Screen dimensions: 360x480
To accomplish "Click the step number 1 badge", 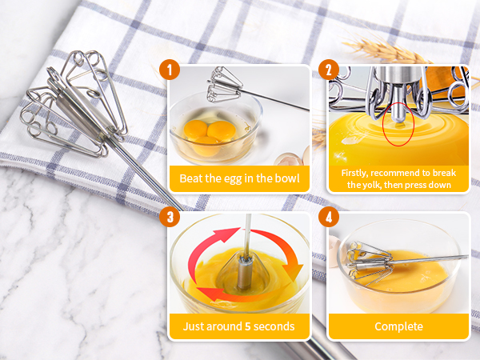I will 168,70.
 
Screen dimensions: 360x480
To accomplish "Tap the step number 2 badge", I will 327,70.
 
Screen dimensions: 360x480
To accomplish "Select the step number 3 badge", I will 168,217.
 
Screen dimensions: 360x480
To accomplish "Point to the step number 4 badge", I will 327,217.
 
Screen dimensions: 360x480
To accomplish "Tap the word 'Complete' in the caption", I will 398,326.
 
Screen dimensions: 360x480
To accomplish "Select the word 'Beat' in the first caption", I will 192,178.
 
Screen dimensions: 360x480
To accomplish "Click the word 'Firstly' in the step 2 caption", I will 358,173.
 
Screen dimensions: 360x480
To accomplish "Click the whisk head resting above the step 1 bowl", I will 224,86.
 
